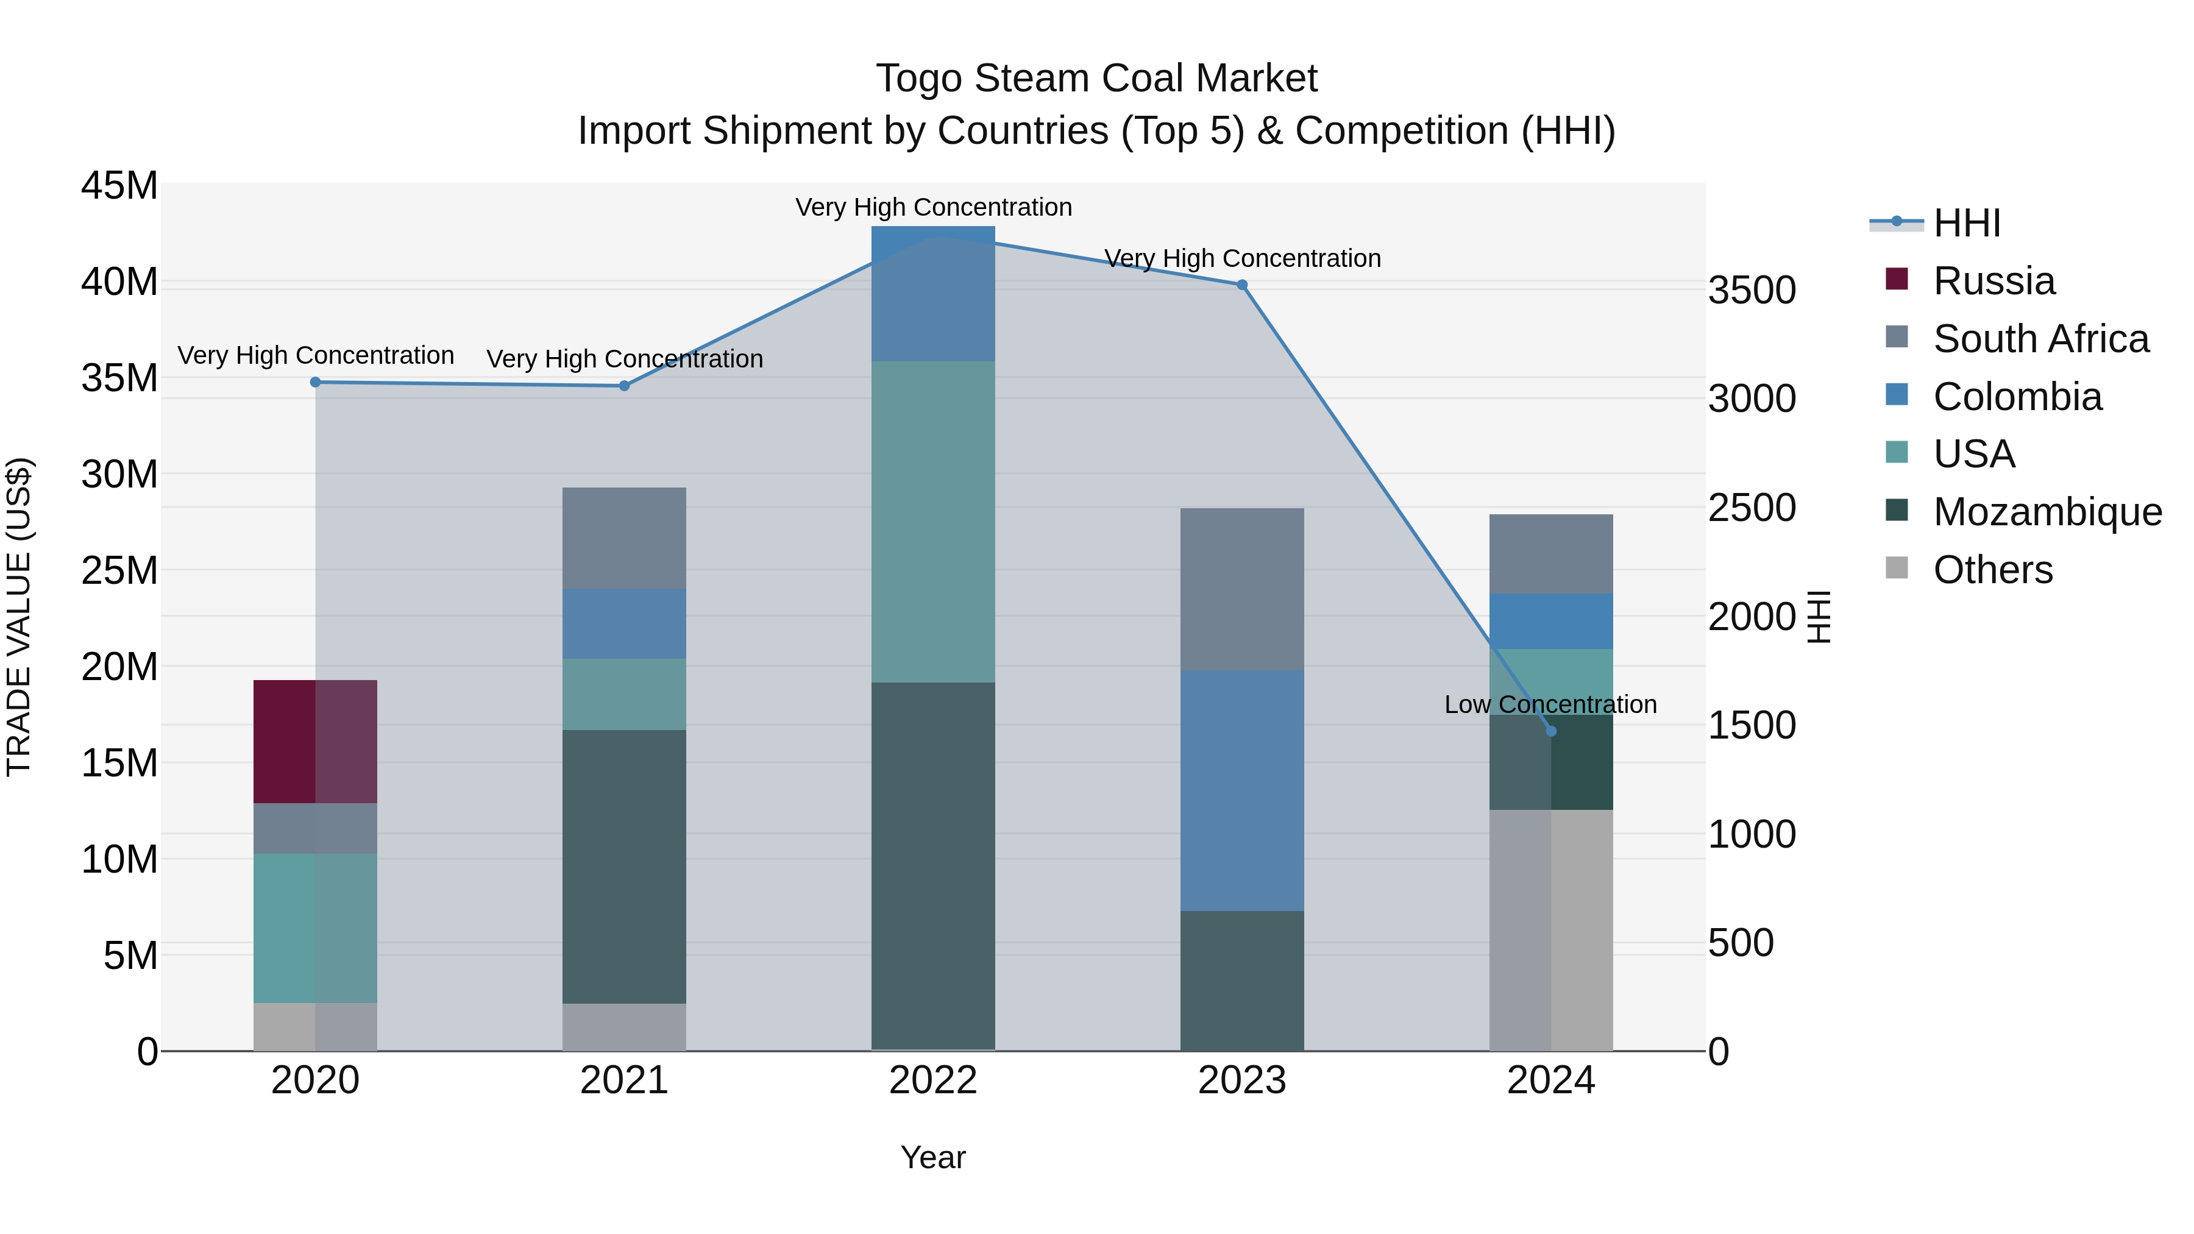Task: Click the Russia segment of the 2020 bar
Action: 315,741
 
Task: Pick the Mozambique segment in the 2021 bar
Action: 624,866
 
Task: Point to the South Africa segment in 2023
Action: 1242,589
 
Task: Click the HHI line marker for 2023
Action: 1242,285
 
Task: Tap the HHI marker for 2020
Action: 315,382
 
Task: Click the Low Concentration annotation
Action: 1550,704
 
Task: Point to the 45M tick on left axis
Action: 119,186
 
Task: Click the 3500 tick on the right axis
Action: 1752,291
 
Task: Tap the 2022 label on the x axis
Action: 932,1080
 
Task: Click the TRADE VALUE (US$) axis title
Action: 19,617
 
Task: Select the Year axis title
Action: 932,1157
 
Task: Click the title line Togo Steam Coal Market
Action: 1096,79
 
